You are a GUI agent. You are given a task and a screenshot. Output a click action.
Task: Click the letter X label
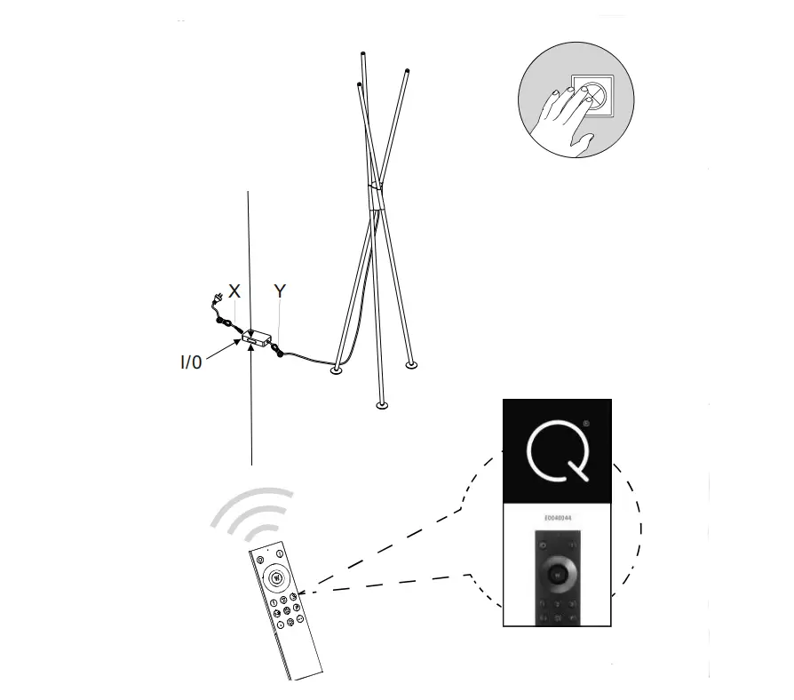coord(234,291)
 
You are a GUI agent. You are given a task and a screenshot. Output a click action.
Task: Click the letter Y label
coord(280,291)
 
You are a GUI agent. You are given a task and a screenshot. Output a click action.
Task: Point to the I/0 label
coord(191,362)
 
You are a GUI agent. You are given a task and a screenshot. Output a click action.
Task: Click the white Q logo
coord(559,454)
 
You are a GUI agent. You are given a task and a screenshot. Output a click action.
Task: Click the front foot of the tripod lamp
coord(382,406)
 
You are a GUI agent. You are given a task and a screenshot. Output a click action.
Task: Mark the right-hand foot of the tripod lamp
coord(411,364)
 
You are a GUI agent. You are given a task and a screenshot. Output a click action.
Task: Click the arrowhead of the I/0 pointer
coord(242,340)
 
